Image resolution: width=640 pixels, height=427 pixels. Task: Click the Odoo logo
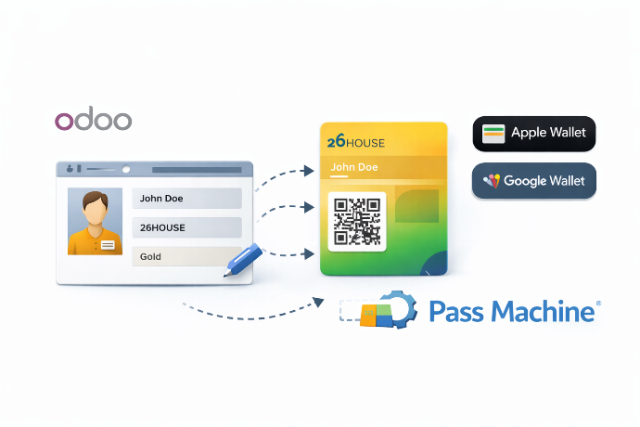click(x=93, y=120)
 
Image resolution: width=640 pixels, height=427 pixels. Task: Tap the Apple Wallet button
click(x=533, y=133)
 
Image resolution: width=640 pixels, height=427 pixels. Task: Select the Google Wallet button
click(x=533, y=181)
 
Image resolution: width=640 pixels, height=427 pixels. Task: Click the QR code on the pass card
click(x=356, y=221)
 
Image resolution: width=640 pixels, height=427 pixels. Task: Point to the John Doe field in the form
click(x=186, y=198)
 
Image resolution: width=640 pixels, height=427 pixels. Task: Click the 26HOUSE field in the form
click(x=186, y=227)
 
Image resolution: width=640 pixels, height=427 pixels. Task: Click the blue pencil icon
click(x=244, y=258)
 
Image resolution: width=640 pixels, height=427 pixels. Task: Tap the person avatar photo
click(x=95, y=222)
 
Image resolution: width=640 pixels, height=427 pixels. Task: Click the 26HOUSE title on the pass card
click(x=356, y=142)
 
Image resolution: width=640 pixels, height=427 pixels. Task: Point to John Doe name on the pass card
click(x=355, y=168)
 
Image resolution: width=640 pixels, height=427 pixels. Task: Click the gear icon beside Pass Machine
click(x=396, y=310)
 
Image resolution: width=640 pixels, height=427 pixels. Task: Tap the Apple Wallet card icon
click(x=493, y=133)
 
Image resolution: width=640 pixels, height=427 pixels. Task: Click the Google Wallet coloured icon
click(x=492, y=181)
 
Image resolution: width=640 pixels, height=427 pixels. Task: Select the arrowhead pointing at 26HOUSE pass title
click(x=309, y=171)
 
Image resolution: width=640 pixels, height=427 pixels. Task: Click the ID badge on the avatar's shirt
click(x=108, y=244)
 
